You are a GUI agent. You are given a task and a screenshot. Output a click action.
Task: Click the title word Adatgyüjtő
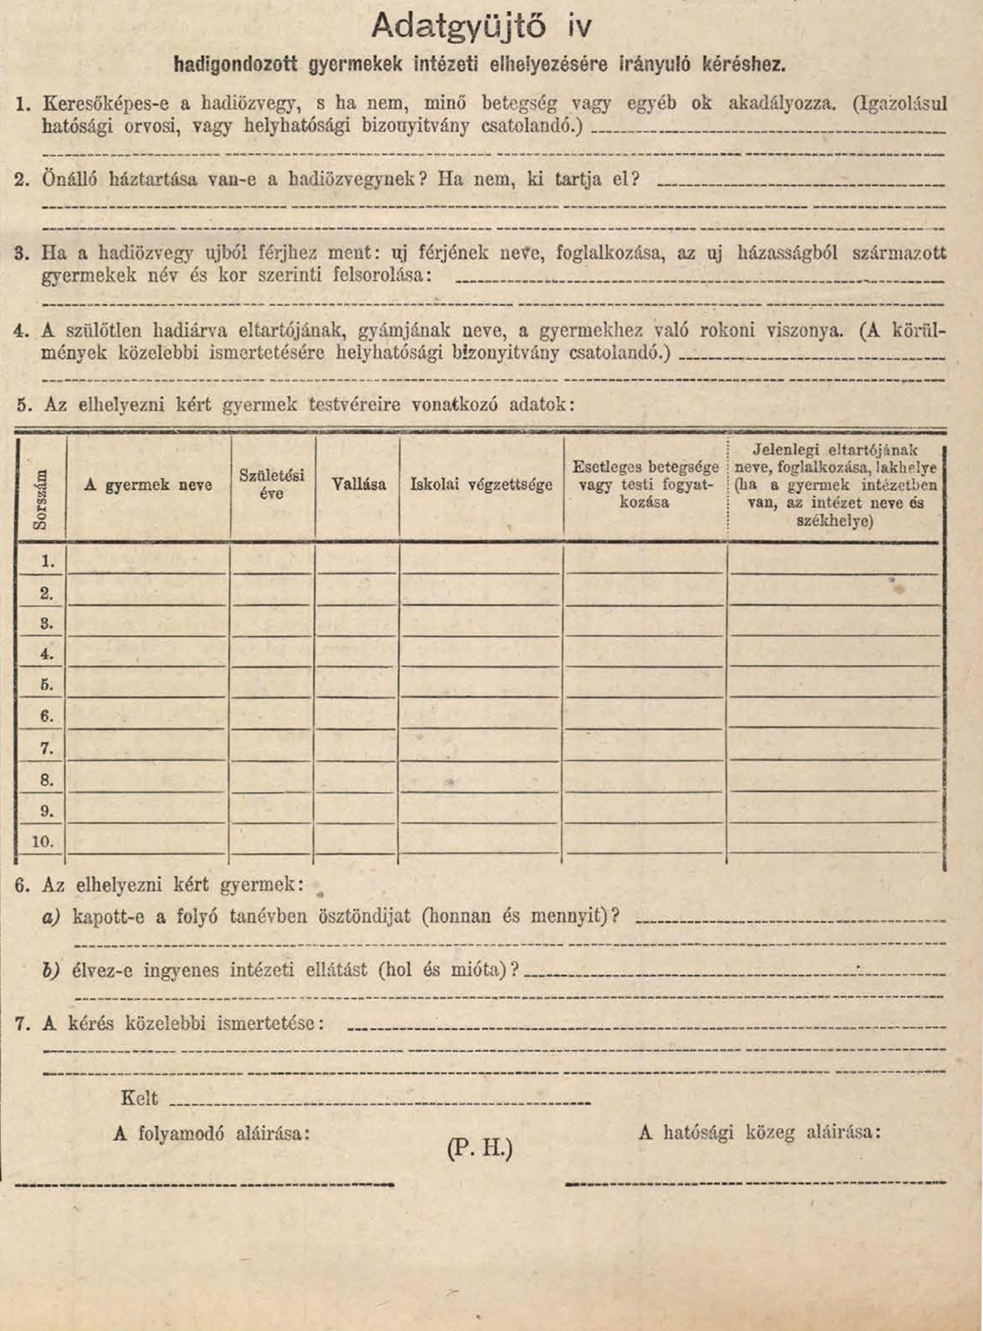coord(458,27)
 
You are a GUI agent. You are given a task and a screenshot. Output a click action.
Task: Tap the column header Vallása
coord(358,485)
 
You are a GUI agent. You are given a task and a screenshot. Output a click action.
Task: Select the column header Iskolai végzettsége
coord(481,485)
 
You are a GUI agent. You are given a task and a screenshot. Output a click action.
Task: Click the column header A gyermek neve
coord(148,485)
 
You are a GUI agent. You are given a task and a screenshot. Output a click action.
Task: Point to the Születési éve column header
coord(272,484)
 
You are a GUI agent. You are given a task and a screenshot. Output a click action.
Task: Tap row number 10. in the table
coord(43,841)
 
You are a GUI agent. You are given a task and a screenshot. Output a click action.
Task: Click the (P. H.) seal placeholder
coord(479,1148)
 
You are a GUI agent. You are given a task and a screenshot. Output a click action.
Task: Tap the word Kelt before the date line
coord(139,1098)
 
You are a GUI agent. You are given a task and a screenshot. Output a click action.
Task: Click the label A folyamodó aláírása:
coord(211,1133)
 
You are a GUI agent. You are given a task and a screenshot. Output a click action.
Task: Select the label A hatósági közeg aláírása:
coord(760,1132)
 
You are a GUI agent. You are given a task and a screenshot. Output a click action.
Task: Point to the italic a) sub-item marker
coord(51,916)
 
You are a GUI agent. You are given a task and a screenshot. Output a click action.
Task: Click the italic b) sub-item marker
coord(51,970)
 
